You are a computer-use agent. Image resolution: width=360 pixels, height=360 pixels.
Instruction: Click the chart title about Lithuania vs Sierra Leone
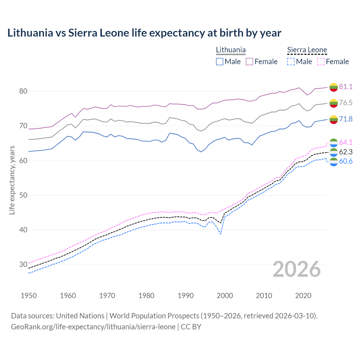144,33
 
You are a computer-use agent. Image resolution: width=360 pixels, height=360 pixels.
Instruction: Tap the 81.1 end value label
346,87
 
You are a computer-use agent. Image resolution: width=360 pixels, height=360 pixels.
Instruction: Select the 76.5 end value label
346,103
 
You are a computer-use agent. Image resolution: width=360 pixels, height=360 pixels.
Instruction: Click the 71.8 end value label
346,119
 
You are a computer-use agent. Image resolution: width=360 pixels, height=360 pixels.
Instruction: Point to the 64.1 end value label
346,142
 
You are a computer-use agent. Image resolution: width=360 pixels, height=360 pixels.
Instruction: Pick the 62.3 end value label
346,152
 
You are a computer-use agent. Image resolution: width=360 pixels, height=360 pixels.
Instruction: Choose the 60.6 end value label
346,161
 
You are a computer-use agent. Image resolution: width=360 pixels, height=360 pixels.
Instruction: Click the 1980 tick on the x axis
146,296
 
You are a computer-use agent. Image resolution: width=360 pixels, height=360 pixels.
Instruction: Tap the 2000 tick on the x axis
225,296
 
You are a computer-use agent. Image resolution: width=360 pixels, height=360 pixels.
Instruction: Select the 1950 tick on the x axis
29,296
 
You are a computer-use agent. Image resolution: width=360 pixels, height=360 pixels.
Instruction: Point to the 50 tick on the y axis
23,195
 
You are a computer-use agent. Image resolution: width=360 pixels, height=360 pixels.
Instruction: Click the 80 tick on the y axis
23,91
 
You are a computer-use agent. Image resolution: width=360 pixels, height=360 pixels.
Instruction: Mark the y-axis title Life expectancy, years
12,180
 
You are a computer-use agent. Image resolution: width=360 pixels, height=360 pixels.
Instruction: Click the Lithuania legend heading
231,50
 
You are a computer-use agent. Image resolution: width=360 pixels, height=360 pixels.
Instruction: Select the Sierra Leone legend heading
307,50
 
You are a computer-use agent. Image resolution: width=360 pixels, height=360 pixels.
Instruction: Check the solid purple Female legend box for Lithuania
249,62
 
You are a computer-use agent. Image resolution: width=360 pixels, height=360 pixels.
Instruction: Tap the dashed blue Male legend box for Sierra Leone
291,62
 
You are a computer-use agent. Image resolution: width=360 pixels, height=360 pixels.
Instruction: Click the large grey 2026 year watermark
296,269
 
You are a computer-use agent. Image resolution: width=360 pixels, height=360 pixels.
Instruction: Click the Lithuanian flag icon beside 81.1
334,87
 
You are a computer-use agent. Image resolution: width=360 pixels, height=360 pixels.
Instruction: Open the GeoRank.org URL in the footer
93,327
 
